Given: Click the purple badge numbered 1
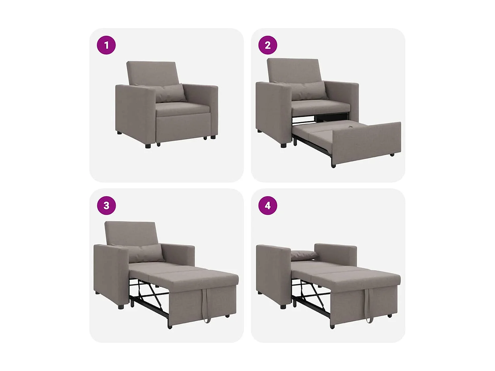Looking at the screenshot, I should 106,45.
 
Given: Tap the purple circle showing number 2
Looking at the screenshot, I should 268,45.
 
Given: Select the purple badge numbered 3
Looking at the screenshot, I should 106,205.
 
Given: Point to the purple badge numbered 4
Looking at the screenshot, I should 268,205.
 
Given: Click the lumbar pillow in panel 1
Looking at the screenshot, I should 170,93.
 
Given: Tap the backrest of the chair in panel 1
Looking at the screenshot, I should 152,73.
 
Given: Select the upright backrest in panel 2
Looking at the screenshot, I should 293,70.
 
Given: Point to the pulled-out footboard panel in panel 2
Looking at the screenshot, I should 366,143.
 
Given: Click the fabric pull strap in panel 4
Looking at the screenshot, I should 368,305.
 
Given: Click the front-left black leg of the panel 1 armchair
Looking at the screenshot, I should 148,145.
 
